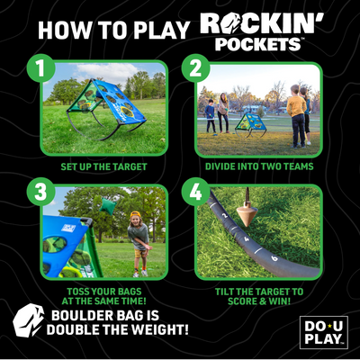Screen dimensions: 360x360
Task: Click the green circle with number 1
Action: tap(39, 68)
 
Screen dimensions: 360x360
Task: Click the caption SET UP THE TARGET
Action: tap(104, 166)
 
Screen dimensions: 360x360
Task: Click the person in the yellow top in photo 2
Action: tap(295, 113)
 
